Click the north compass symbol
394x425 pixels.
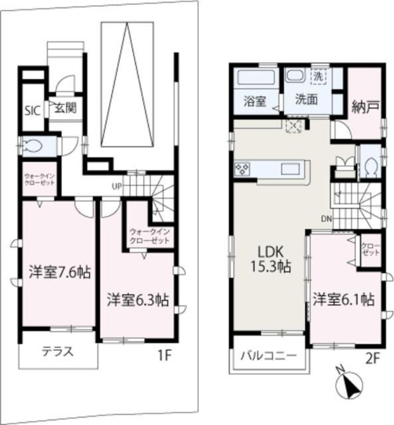tap(348, 382)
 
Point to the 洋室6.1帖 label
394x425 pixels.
tap(343, 300)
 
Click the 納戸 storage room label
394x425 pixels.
tap(365, 106)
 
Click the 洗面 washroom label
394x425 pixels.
tap(306, 99)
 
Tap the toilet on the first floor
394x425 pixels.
tap(33, 146)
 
